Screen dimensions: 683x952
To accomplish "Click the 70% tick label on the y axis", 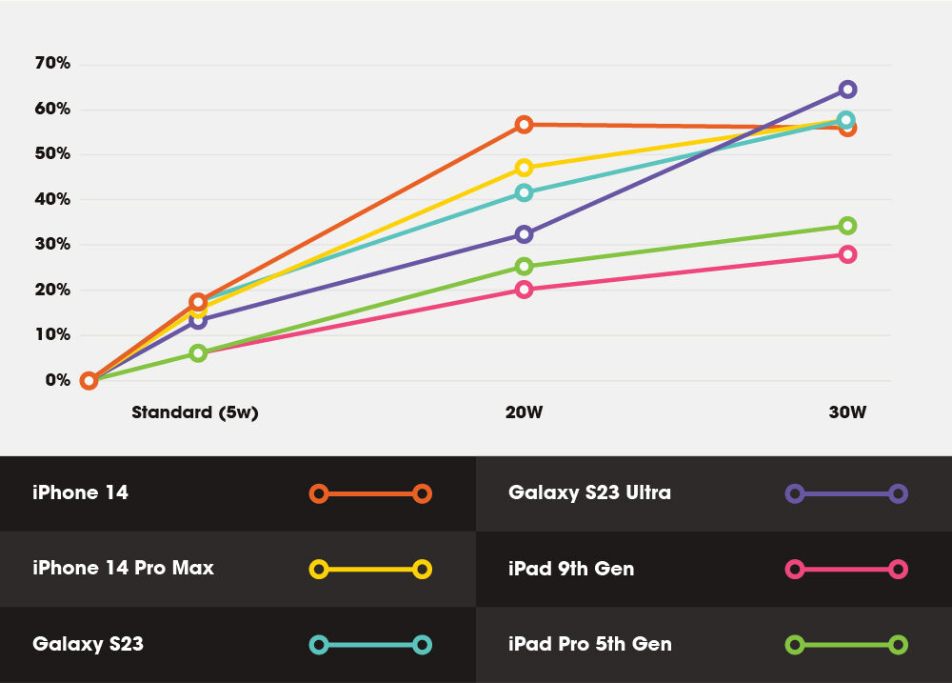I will pyautogui.click(x=51, y=64).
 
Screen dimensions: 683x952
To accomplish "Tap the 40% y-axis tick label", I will pyautogui.click(x=51, y=199).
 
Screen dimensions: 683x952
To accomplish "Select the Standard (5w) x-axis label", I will pyautogui.click(x=195, y=412).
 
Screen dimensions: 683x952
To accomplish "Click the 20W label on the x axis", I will pyautogui.click(x=524, y=412).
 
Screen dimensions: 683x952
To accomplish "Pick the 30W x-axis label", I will pyautogui.click(x=847, y=412).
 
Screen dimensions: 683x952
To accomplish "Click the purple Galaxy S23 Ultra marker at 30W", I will pyautogui.click(x=847, y=90).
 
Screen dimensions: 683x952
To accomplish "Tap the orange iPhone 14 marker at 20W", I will pyautogui.click(x=524, y=125).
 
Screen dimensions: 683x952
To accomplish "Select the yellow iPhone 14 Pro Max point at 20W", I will pyautogui.click(x=524, y=168).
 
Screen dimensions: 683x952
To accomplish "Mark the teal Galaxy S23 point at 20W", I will pyautogui.click(x=524, y=192).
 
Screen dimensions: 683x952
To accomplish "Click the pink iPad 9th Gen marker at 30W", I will pyautogui.click(x=847, y=254).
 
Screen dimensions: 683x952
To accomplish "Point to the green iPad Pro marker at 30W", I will pyautogui.click(x=847, y=226).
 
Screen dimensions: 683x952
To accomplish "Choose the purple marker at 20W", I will pyautogui.click(x=524, y=234).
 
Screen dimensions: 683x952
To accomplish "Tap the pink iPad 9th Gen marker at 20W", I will pyautogui.click(x=524, y=290).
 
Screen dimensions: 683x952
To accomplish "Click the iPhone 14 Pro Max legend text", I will pyautogui.click(x=123, y=569).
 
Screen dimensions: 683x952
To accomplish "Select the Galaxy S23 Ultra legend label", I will pyautogui.click(x=589, y=492).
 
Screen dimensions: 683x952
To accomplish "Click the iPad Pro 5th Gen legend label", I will pyautogui.click(x=589, y=644).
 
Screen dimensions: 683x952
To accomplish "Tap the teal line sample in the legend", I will pyautogui.click(x=370, y=645).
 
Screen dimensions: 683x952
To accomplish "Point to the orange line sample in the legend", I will pyautogui.click(x=370, y=493).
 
